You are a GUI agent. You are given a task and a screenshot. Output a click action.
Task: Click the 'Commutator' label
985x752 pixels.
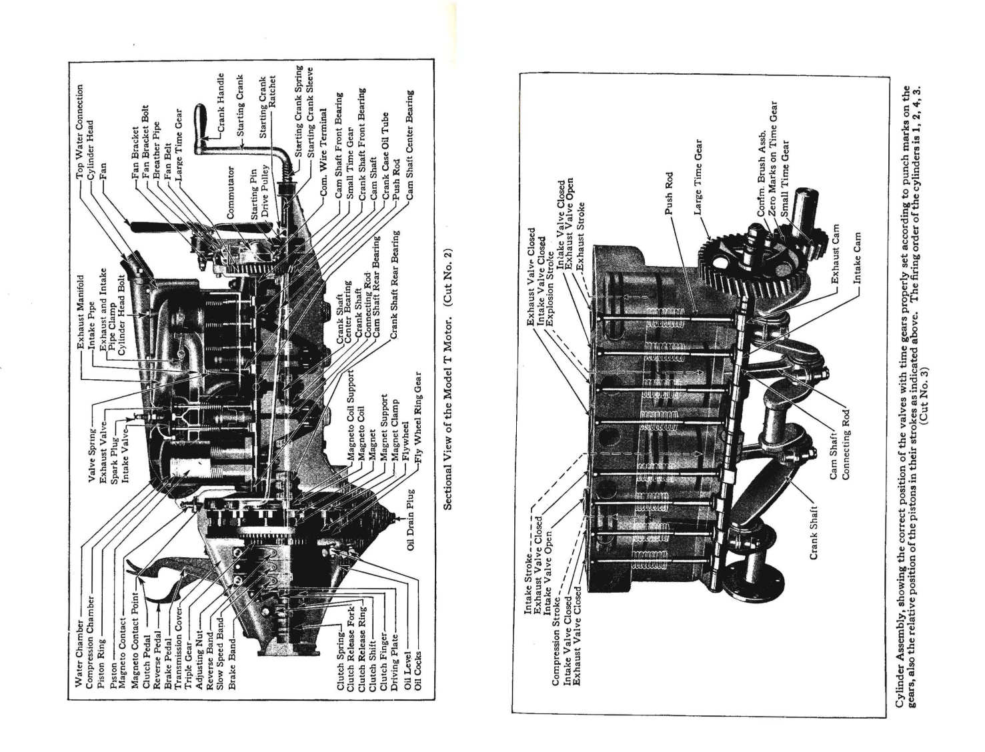(x=231, y=193)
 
